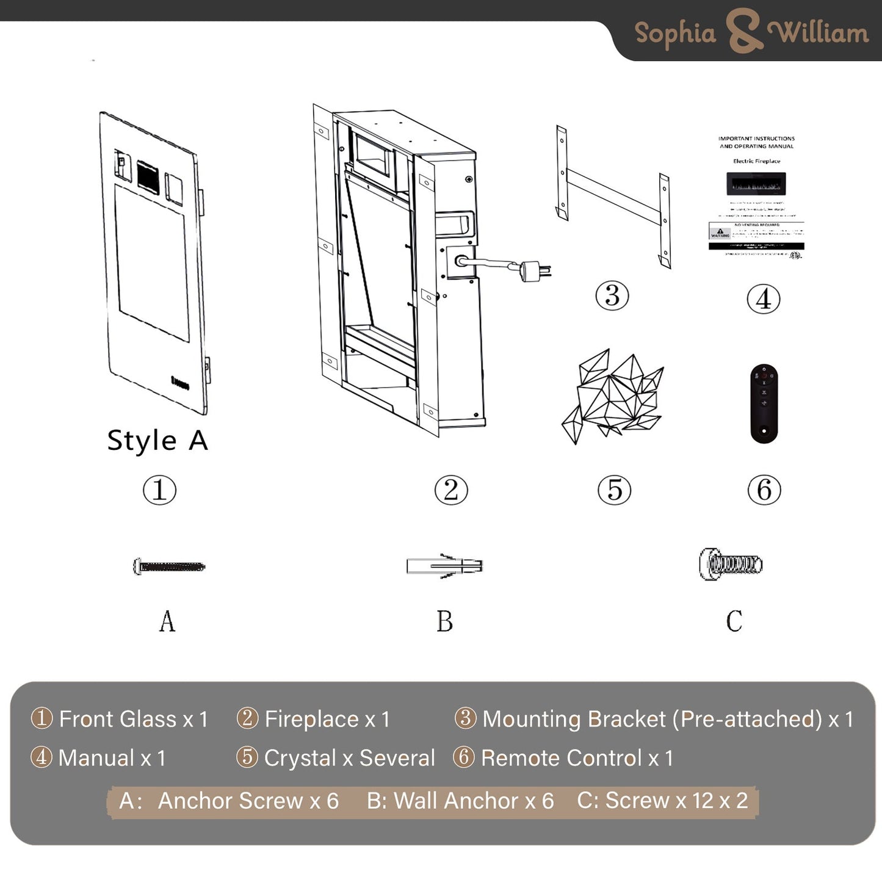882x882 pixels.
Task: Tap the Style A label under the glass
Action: tap(157, 441)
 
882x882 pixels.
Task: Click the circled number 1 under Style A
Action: tap(159, 490)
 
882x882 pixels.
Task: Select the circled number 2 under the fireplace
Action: tap(451, 490)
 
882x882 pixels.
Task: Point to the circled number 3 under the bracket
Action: tap(612, 296)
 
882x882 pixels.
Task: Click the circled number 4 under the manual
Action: tap(764, 300)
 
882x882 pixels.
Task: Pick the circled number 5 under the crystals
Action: tap(614, 490)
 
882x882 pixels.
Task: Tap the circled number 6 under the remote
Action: tap(764, 490)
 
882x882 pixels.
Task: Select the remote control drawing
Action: tap(764, 403)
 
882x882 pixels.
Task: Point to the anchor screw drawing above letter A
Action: tap(169, 566)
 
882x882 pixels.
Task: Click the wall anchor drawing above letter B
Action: tap(444, 566)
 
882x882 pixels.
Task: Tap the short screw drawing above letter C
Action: tap(731, 563)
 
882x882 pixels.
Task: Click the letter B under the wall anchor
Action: tap(444, 621)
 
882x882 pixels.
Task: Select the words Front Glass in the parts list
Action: tap(118, 719)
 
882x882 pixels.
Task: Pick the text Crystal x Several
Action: tap(349, 758)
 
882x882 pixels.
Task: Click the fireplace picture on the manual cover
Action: tap(756, 183)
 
